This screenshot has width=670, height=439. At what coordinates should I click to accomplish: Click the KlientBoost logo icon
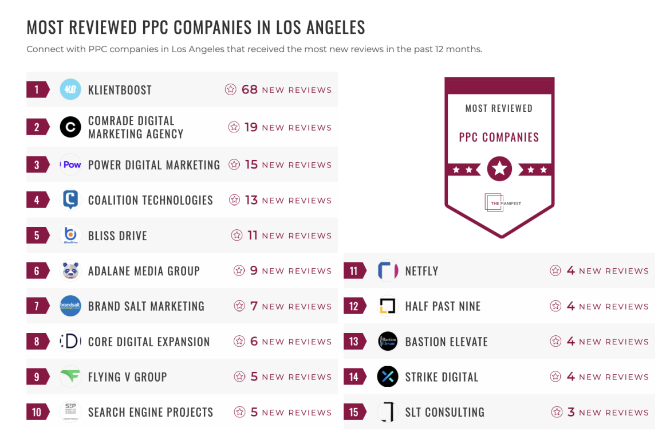coord(70,89)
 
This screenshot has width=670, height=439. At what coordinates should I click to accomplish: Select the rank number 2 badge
coord(37,127)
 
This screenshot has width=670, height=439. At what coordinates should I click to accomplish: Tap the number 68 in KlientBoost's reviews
coord(250,89)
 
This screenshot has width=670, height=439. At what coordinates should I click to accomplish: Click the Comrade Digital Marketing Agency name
coord(136,127)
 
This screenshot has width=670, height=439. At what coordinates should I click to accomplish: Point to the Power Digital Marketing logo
coord(71,164)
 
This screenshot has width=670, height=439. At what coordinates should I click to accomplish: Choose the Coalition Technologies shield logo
coord(70,200)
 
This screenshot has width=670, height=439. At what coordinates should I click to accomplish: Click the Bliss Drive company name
coord(117,236)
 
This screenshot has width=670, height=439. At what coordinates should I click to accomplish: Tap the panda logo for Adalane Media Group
coord(70,271)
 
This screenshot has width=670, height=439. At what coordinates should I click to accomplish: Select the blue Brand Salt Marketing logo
coord(70,306)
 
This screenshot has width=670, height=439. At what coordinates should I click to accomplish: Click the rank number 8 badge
coord(37,342)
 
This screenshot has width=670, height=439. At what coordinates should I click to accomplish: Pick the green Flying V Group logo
coord(70,377)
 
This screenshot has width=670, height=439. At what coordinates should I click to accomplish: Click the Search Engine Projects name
coord(150,412)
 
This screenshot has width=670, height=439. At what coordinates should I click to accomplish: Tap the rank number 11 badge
coord(354,271)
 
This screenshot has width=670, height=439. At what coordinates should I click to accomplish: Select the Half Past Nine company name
coord(443,306)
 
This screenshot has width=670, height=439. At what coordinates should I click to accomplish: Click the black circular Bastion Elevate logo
coord(388,342)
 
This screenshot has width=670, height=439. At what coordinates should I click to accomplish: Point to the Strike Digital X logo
coord(388,377)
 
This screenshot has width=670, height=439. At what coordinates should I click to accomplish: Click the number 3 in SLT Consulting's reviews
coord(570,412)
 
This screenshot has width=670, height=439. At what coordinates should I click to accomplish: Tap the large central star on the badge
coord(499,169)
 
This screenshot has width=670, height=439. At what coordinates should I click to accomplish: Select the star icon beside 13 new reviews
coord(234,200)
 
